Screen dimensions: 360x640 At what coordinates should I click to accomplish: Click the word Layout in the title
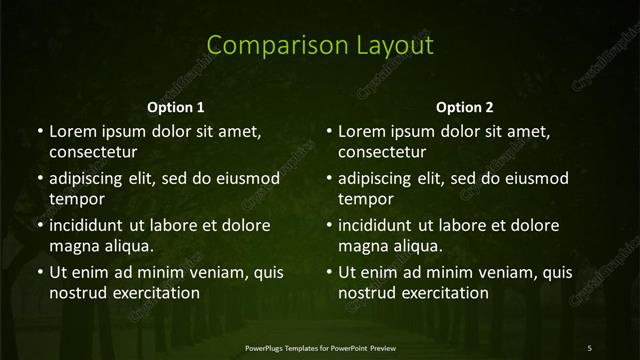392,45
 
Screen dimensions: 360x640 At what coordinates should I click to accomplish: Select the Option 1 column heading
176,107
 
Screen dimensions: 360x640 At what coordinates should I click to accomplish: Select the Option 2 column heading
465,107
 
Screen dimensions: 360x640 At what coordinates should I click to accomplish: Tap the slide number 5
589,347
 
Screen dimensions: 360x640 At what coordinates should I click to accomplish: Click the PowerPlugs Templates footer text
320,347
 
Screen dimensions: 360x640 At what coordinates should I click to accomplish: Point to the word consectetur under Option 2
382,153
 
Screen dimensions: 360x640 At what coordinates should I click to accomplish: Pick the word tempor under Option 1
77,199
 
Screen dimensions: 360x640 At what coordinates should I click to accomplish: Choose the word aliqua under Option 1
128,246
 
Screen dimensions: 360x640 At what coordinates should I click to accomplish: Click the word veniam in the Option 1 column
206,272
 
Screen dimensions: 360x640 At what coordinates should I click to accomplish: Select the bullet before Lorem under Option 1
40,131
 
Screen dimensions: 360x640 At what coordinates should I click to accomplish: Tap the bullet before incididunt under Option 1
40,225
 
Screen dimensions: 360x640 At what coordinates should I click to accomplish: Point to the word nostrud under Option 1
77,293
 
